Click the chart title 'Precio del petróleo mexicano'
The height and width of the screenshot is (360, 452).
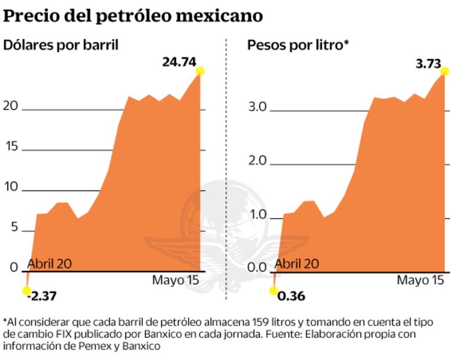[133, 16]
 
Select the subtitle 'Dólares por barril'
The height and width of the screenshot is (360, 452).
[61, 45]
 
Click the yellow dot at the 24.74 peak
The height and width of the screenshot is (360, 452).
[200, 71]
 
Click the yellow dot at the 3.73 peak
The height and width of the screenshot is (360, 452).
[445, 71]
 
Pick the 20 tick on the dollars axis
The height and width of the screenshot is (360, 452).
[11, 107]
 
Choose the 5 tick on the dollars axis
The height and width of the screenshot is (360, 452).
[14, 228]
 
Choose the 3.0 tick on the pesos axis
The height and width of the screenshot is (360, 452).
[257, 107]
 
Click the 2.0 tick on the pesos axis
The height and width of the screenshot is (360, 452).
[257, 161]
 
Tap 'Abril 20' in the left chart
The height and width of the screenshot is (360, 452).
[49, 264]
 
